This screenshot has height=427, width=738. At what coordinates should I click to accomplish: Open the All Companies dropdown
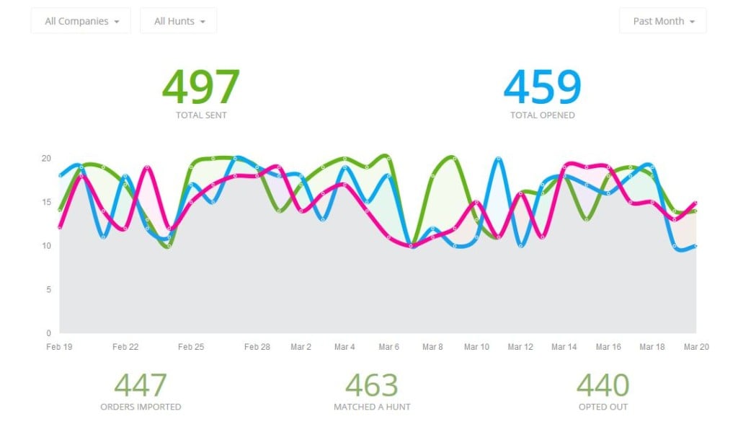pyautogui.click(x=81, y=21)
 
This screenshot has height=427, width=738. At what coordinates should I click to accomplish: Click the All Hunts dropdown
pyautogui.click(x=179, y=21)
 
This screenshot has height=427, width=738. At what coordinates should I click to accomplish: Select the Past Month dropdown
pyautogui.click(x=663, y=21)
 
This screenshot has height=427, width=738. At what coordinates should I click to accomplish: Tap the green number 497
pyautogui.click(x=200, y=87)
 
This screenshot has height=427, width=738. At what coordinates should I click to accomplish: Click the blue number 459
pyautogui.click(x=542, y=87)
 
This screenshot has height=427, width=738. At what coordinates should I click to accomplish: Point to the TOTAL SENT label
pyautogui.click(x=200, y=115)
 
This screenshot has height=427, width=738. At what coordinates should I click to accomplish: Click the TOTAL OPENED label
pyautogui.click(x=542, y=115)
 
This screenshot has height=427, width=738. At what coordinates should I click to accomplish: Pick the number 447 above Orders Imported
pyautogui.click(x=141, y=386)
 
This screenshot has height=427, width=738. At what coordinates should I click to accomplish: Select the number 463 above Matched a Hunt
pyautogui.click(x=372, y=386)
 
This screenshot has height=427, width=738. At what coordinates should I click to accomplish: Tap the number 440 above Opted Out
pyautogui.click(x=603, y=386)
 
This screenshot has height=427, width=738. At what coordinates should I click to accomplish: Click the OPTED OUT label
pyautogui.click(x=603, y=407)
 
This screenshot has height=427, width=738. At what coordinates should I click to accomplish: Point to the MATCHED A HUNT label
pyautogui.click(x=372, y=407)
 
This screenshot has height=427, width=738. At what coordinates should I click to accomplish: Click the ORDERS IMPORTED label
pyautogui.click(x=141, y=407)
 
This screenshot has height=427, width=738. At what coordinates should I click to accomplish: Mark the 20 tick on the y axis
pyautogui.click(x=46, y=159)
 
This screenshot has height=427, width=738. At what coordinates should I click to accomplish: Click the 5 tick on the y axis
pyautogui.click(x=48, y=290)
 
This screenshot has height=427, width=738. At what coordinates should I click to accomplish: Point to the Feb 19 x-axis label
pyautogui.click(x=58, y=347)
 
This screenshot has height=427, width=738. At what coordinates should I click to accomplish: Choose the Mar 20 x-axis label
pyautogui.click(x=696, y=347)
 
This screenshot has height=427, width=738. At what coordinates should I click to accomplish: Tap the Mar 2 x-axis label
pyautogui.click(x=301, y=347)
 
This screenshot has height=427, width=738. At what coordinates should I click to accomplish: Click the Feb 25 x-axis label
pyautogui.click(x=191, y=347)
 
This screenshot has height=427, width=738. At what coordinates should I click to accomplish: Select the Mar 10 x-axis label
pyautogui.click(x=476, y=347)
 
